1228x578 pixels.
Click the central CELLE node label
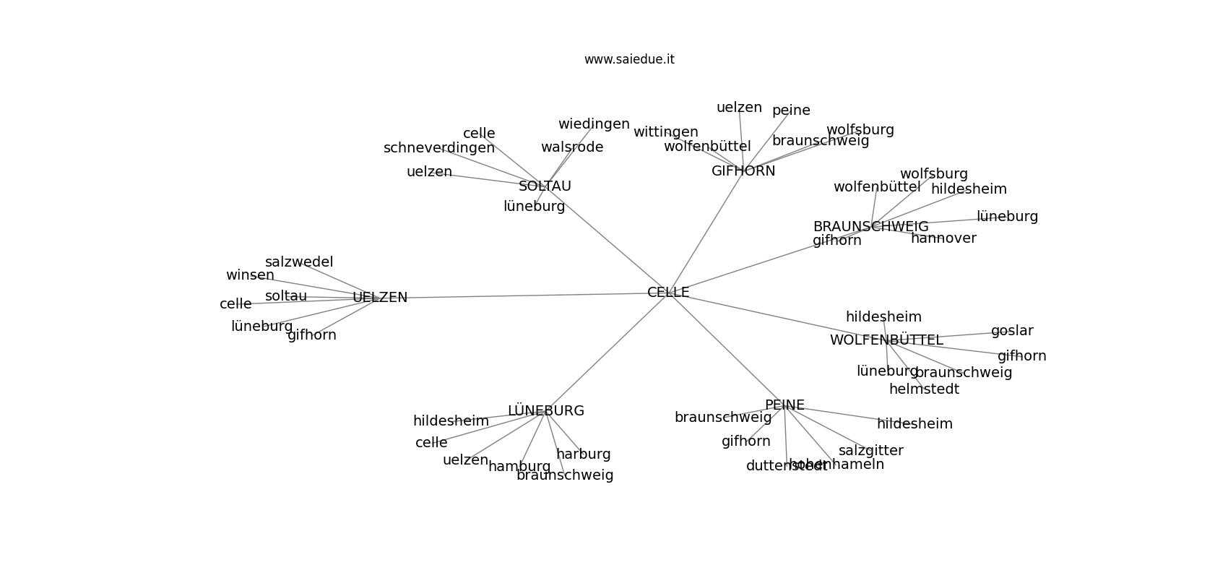click(668, 293)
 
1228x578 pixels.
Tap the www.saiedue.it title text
click(629, 59)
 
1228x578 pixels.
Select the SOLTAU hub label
click(545, 186)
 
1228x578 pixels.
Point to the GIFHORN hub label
click(743, 171)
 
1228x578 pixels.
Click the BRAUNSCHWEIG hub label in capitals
click(870, 227)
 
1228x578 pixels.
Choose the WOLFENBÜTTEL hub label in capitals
click(886, 340)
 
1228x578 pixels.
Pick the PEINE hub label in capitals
click(784, 405)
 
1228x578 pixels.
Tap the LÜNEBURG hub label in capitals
click(545, 411)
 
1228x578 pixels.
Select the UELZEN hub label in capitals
click(380, 298)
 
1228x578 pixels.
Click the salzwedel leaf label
click(299, 262)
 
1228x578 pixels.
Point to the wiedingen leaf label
click(594, 124)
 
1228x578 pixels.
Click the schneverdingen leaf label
click(439, 148)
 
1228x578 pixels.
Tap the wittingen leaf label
click(665, 132)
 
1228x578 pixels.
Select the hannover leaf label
click(943, 238)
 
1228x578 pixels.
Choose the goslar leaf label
click(1012, 331)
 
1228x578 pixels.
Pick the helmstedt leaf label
click(924, 389)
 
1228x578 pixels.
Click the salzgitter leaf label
click(870, 451)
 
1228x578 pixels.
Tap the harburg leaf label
click(583, 454)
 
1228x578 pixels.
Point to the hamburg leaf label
click(519, 467)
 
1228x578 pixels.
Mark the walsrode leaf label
click(572, 147)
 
